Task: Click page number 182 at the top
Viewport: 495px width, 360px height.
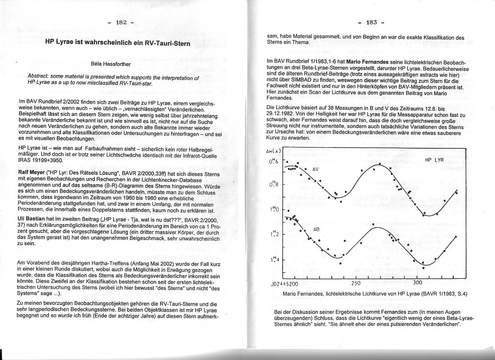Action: (122, 22)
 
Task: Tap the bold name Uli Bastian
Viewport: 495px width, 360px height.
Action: (33, 219)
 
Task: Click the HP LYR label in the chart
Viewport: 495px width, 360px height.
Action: (434, 160)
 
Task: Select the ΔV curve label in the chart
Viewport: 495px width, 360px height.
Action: (315, 169)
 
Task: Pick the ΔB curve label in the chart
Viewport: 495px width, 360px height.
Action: (316, 229)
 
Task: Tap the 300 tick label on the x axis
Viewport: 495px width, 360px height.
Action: (418, 283)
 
